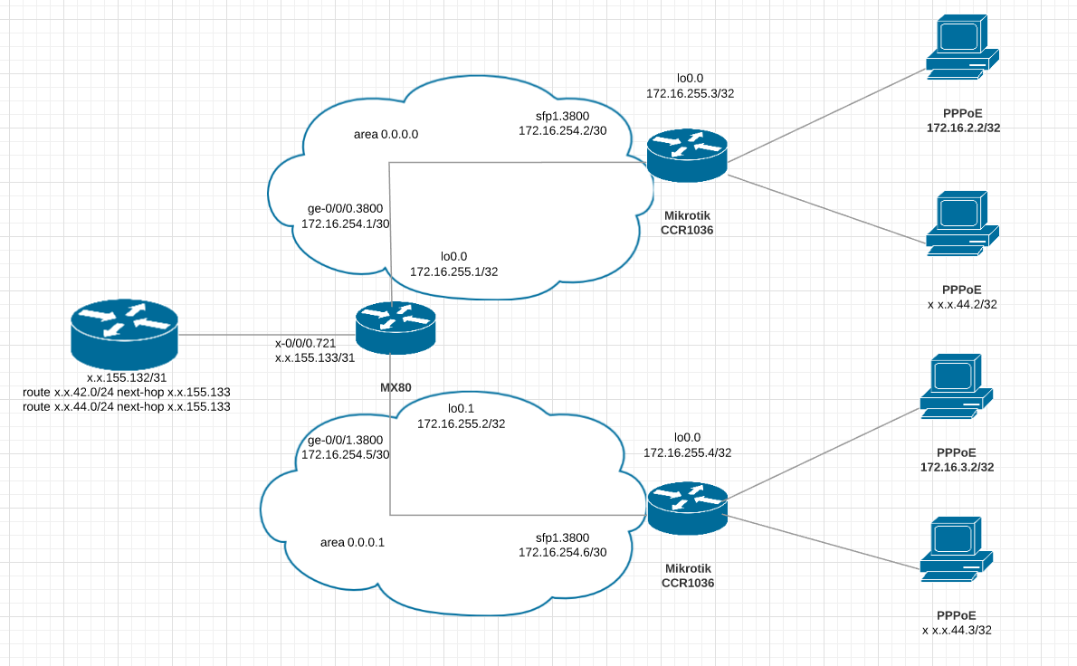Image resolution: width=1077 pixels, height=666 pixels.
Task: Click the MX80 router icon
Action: point(396,328)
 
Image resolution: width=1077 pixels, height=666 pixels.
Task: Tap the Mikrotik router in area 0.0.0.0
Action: point(687,156)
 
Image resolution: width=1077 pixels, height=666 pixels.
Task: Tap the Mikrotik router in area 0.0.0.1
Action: point(687,507)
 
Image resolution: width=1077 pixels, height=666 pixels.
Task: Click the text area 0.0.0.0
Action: point(386,134)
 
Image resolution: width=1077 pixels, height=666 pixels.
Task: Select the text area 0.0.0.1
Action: point(353,542)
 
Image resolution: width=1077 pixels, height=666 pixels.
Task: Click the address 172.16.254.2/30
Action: point(562,131)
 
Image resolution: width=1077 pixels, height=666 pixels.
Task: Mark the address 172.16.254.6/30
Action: point(562,551)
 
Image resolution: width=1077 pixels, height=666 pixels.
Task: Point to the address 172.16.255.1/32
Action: point(453,271)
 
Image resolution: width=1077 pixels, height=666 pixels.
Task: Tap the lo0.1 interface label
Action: point(462,408)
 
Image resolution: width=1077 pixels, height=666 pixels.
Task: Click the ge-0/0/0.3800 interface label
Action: point(345,207)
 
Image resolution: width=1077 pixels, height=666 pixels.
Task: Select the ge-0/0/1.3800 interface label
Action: point(345,440)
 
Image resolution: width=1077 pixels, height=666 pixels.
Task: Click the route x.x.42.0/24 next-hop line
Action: point(127,392)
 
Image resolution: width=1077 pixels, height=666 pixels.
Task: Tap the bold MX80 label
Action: point(396,387)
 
